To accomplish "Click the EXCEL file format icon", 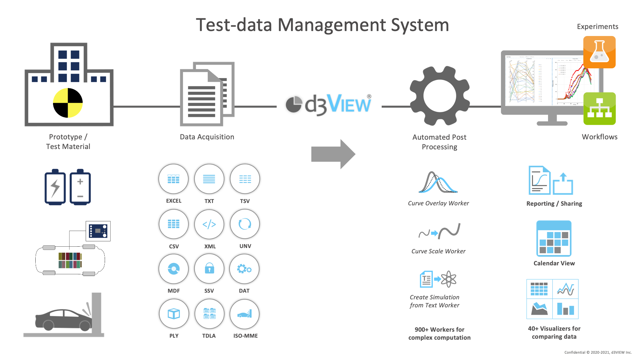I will [173, 179].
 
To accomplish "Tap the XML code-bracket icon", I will [209, 224].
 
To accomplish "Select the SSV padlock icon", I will [209, 269].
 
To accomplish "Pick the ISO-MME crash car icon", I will [244, 314].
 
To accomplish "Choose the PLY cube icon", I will [174, 314].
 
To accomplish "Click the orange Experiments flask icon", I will [599, 52].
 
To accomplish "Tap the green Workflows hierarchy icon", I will [599, 109].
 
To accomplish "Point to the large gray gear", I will [440, 96].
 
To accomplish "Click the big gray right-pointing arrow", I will [333, 154].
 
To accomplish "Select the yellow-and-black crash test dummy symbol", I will [68, 103].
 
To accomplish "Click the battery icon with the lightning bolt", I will [55, 187].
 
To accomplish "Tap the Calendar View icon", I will [554, 239].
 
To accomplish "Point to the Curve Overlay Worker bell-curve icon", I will [438, 182].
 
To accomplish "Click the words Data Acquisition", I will [207, 137].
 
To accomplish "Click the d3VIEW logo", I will [328, 104].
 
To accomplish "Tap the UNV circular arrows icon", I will [245, 224].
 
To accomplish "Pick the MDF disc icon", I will [174, 269].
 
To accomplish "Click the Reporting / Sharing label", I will [554, 204].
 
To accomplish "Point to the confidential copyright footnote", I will [598, 352].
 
